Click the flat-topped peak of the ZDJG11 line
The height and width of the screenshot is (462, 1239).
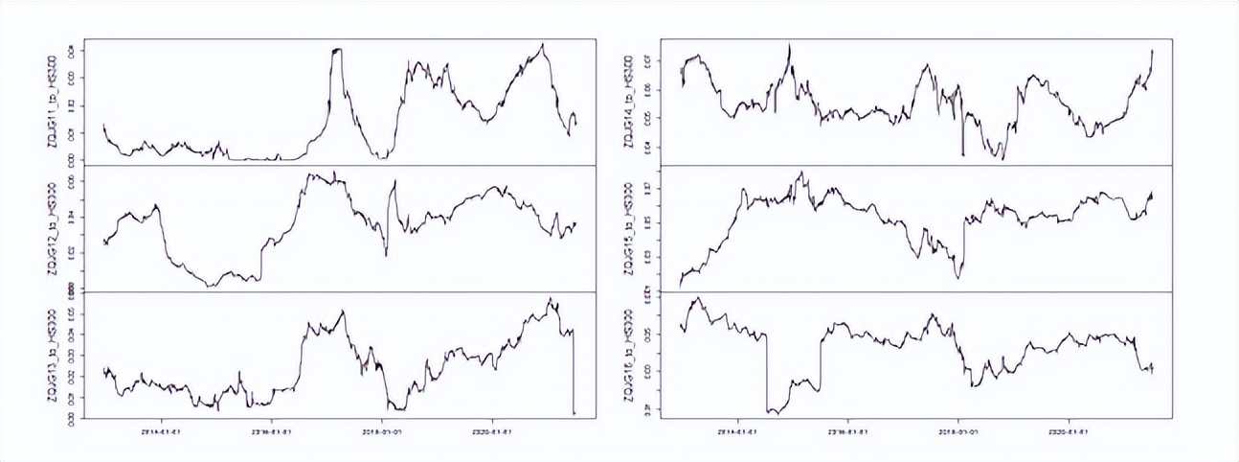click(x=336, y=49)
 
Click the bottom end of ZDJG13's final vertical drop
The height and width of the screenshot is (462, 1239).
click(x=574, y=413)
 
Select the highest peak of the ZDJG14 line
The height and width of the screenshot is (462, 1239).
click(x=789, y=44)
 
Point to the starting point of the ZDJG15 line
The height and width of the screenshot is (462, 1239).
click(x=680, y=286)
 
